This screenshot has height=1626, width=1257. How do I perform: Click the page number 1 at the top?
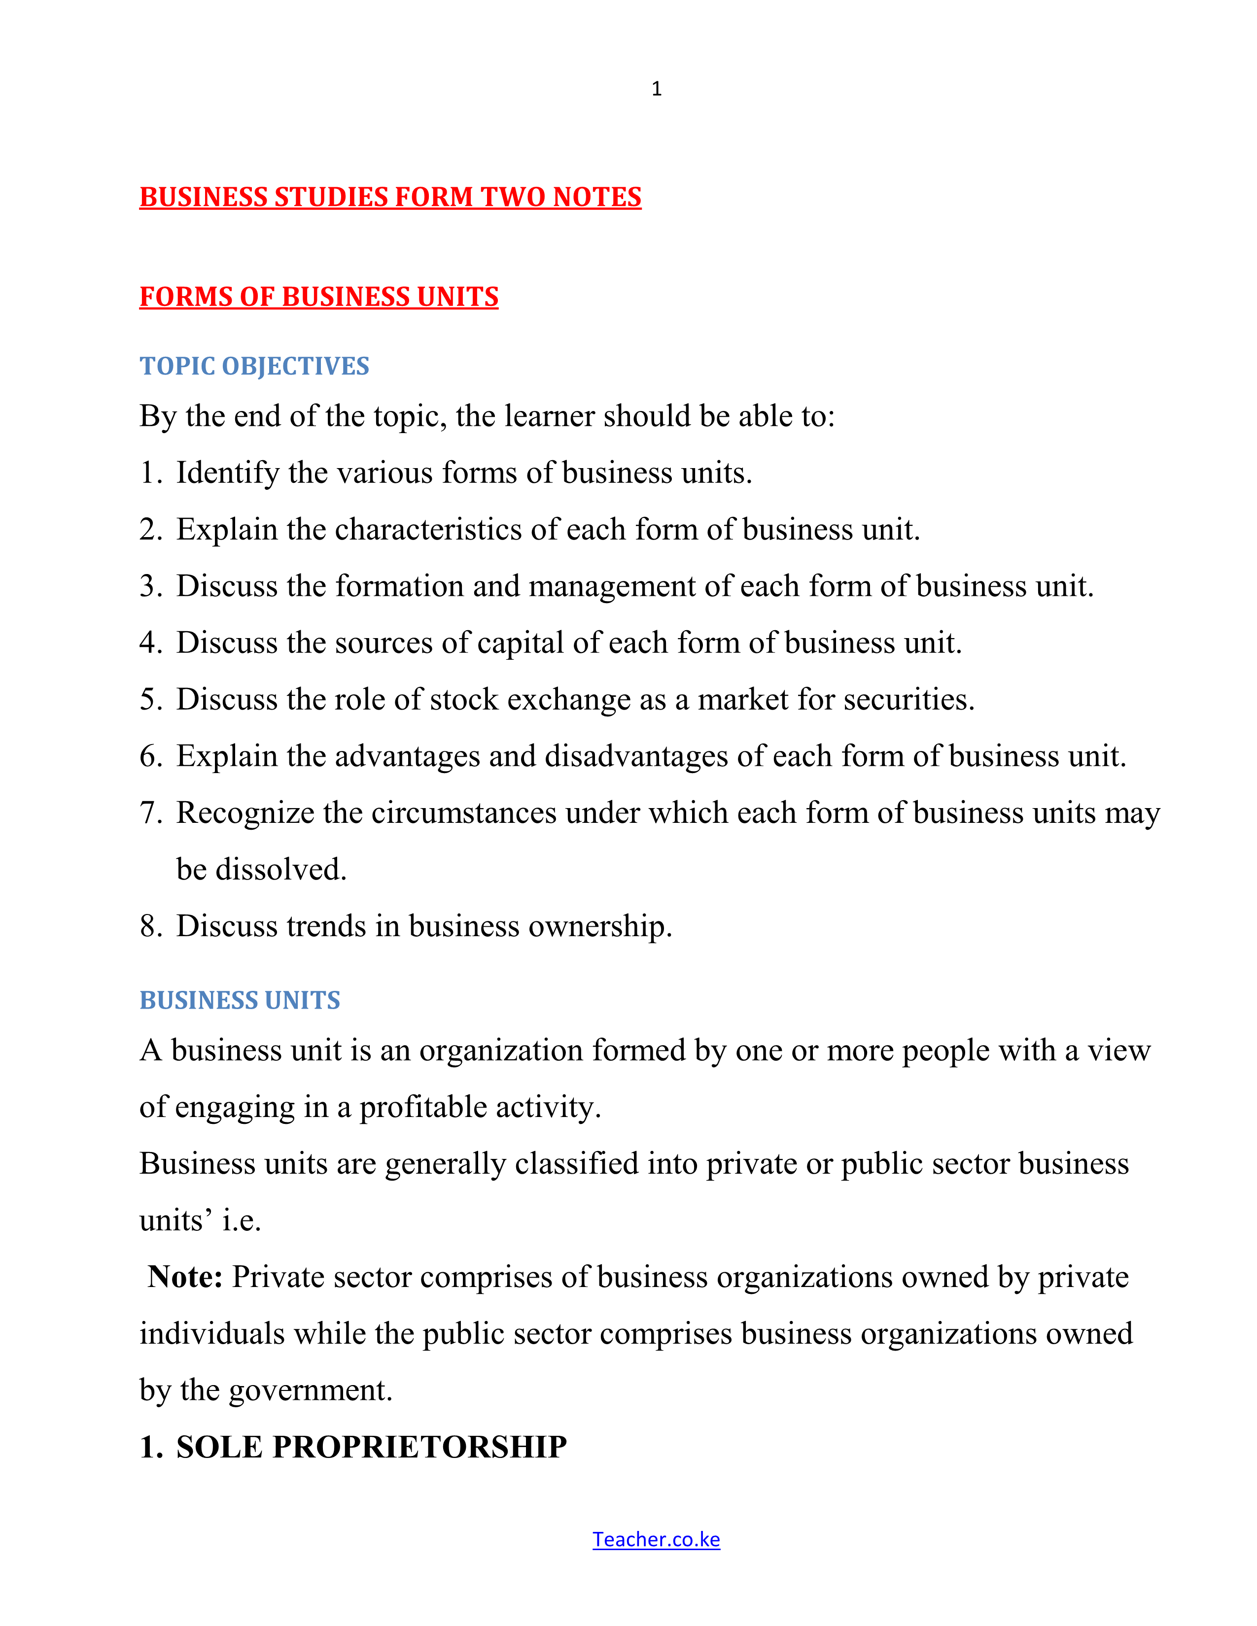[x=656, y=89]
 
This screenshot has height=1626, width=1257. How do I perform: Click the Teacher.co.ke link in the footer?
[x=656, y=1539]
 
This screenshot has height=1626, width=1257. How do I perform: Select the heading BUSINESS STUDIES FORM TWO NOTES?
[x=390, y=197]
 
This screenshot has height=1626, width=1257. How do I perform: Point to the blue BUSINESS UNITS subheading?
[x=240, y=1000]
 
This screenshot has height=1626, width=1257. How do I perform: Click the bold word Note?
[x=185, y=1277]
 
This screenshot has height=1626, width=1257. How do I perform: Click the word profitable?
[x=423, y=1107]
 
